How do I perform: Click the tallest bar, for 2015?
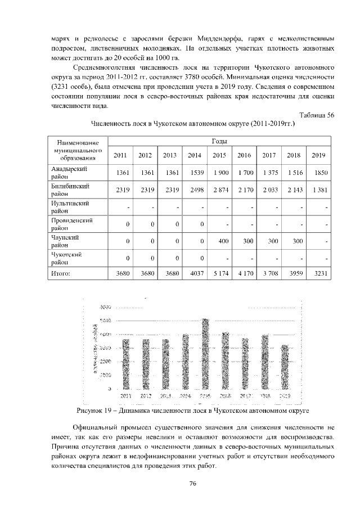tap(205, 354)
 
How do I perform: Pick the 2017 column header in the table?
tap(269, 155)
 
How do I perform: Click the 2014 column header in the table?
tap(194, 155)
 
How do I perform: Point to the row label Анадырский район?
tap(68, 172)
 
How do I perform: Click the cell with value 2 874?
tap(219, 190)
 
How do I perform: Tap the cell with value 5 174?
tap(219, 274)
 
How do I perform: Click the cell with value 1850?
tap(318, 173)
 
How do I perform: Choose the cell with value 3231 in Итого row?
tap(318, 274)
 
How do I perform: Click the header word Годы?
tap(219, 140)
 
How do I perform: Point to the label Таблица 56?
tap(317, 115)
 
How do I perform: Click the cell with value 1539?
tap(195, 173)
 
